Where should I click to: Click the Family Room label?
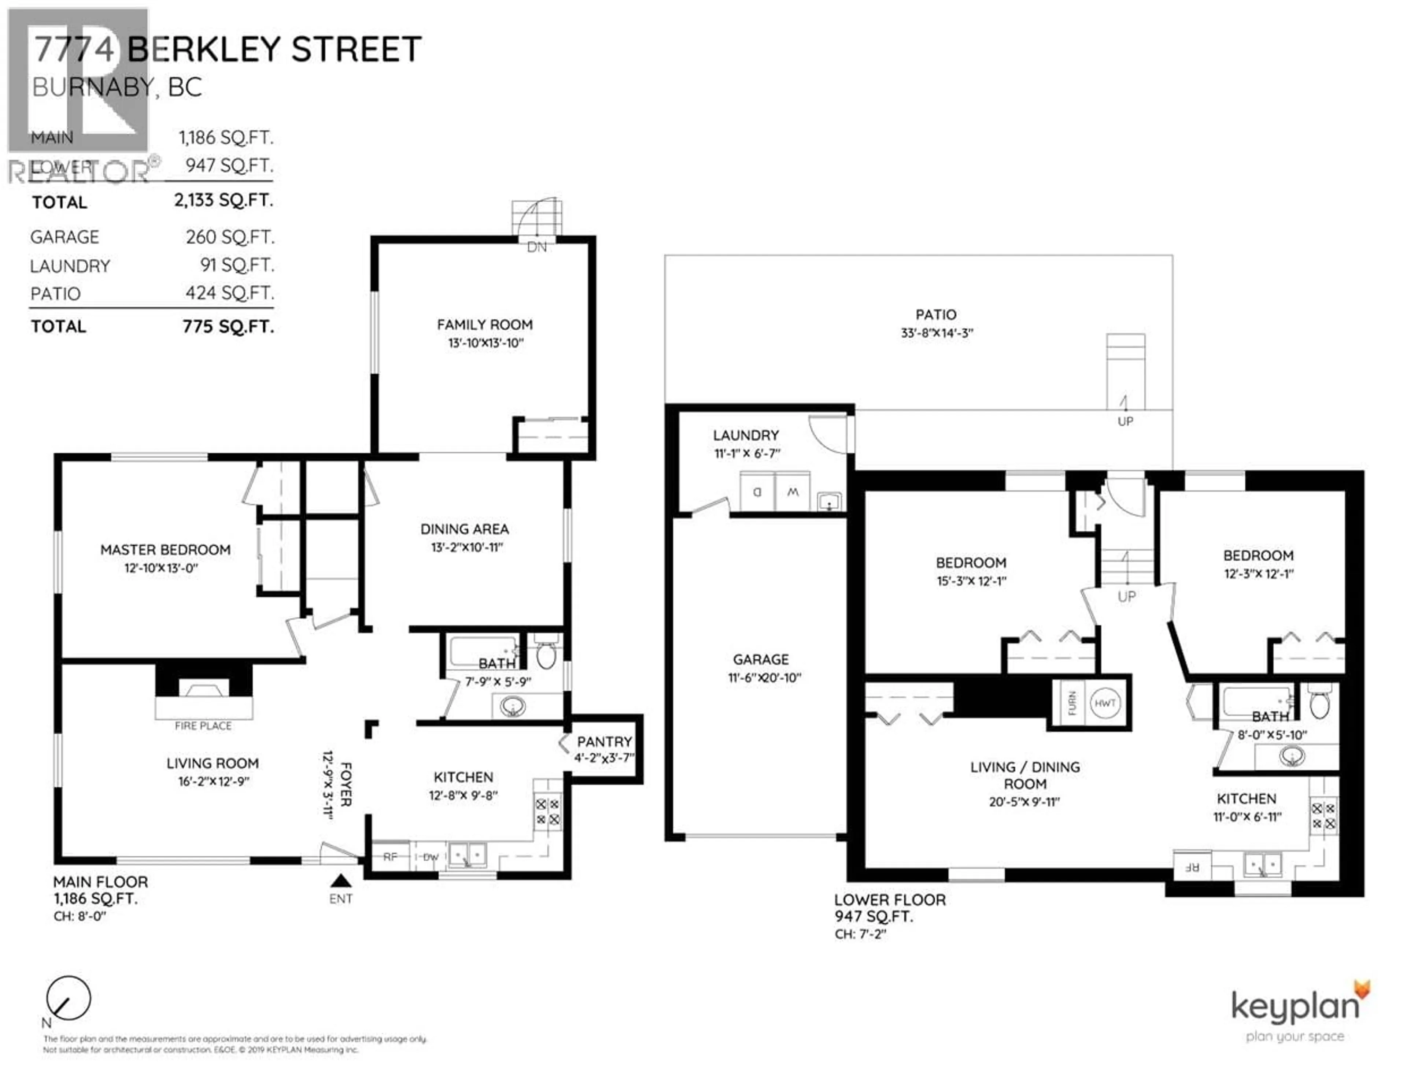click(x=484, y=324)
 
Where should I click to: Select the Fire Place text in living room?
click(x=203, y=726)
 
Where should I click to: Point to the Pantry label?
click(x=604, y=742)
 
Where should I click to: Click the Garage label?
click(x=761, y=659)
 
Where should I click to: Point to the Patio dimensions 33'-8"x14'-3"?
click(x=937, y=333)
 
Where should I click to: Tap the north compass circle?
click(x=68, y=998)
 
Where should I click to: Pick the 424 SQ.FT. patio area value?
click(x=230, y=293)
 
